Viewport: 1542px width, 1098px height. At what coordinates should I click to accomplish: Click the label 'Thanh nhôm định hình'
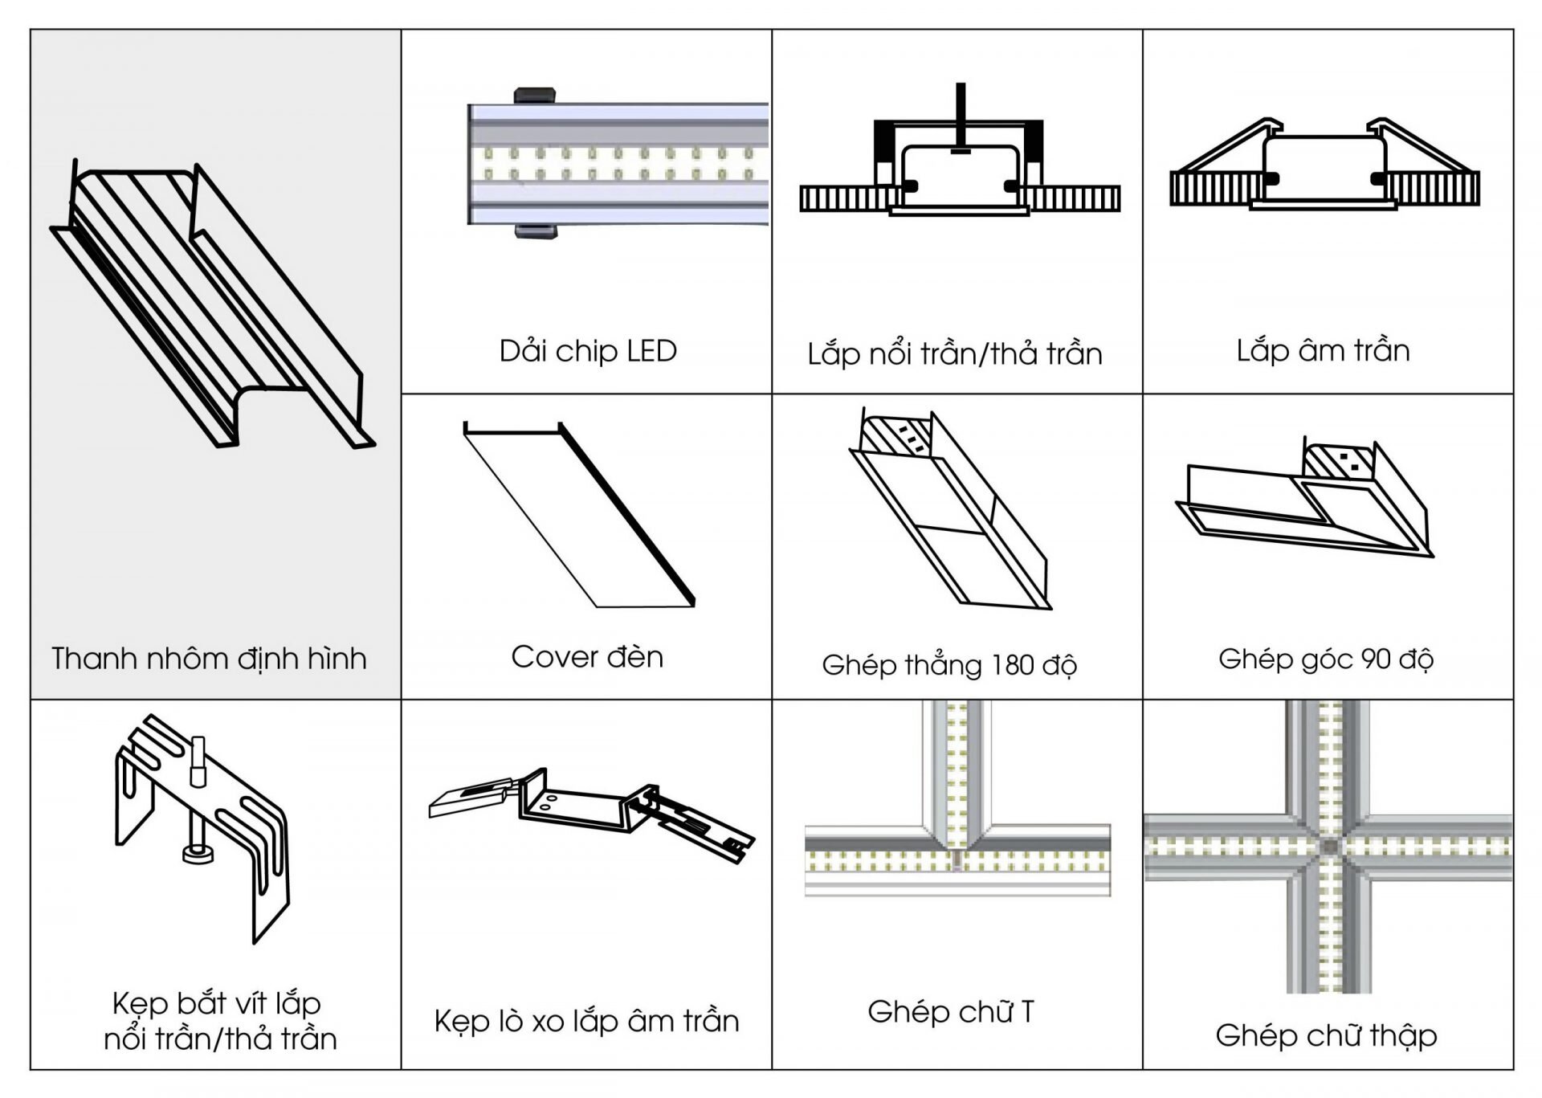pos(210,659)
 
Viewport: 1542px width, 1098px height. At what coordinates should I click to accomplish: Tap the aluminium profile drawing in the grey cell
pos(213,305)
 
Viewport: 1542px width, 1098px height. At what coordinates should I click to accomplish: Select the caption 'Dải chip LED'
pos(588,351)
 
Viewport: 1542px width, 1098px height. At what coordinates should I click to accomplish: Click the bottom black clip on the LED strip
pos(537,231)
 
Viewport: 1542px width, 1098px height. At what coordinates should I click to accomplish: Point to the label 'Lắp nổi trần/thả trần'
pos(955,353)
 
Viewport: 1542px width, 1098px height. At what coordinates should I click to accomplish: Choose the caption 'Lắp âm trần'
pos(1323,351)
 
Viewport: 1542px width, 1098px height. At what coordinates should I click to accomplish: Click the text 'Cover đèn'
pos(587,657)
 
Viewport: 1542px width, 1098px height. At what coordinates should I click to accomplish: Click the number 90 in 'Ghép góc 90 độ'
pos(1376,659)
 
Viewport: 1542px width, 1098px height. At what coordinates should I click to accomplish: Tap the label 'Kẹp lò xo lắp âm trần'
pos(586,1021)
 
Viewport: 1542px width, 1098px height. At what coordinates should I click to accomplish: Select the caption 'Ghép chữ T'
pos(951,1011)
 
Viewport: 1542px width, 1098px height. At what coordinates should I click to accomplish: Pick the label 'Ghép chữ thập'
pos(1326,1035)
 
